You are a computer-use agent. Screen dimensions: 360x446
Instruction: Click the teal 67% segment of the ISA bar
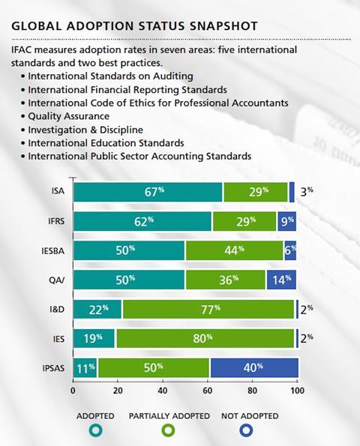pyautogui.click(x=148, y=192)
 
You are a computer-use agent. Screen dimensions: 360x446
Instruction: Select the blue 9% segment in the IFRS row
pyautogui.click(x=286, y=221)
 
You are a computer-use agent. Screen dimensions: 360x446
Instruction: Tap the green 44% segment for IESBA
pyautogui.click(x=235, y=250)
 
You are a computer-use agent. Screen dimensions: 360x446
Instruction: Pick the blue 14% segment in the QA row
pyautogui.click(x=281, y=280)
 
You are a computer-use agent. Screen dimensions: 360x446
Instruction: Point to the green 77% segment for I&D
pyautogui.click(x=208, y=309)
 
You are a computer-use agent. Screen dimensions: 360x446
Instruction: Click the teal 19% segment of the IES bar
pyautogui.click(x=94, y=339)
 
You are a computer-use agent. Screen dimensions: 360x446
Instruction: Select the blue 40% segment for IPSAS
pyautogui.click(x=254, y=368)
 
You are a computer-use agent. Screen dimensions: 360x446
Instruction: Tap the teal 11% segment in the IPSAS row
pyautogui.click(x=85, y=368)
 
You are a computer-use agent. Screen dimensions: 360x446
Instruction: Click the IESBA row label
pyautogui.click(x=53, y=251)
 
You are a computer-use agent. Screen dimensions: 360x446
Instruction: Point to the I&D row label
pyautogui.click(x=57, y=309)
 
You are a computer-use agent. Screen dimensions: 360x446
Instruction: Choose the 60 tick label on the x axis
pyautogui.click(x=208, y=391)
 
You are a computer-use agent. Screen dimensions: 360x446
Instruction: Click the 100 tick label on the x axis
pyautogui.click(x=298, y=391)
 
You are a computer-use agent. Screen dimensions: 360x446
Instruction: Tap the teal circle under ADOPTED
pyautogui.click(x=95, y=430)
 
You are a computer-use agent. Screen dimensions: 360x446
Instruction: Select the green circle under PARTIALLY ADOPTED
pyautogui.click(x=169, y=430)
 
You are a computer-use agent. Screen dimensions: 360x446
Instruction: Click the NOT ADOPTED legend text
pyautogui.click(x=250, y=416)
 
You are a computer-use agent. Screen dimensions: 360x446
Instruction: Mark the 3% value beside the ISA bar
pyautogui.click(x=307, y=192)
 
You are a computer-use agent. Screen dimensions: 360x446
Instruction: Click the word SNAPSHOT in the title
pyautogui.click(x=223, y=26)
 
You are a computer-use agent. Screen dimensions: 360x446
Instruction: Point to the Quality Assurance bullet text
pyautogui.click(x=68, y=116)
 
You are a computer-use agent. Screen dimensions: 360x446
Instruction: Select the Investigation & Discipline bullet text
pyautogui.click(x=85, y=130)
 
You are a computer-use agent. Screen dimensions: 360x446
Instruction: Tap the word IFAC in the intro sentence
pyautogui.click(x=21, y=49)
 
